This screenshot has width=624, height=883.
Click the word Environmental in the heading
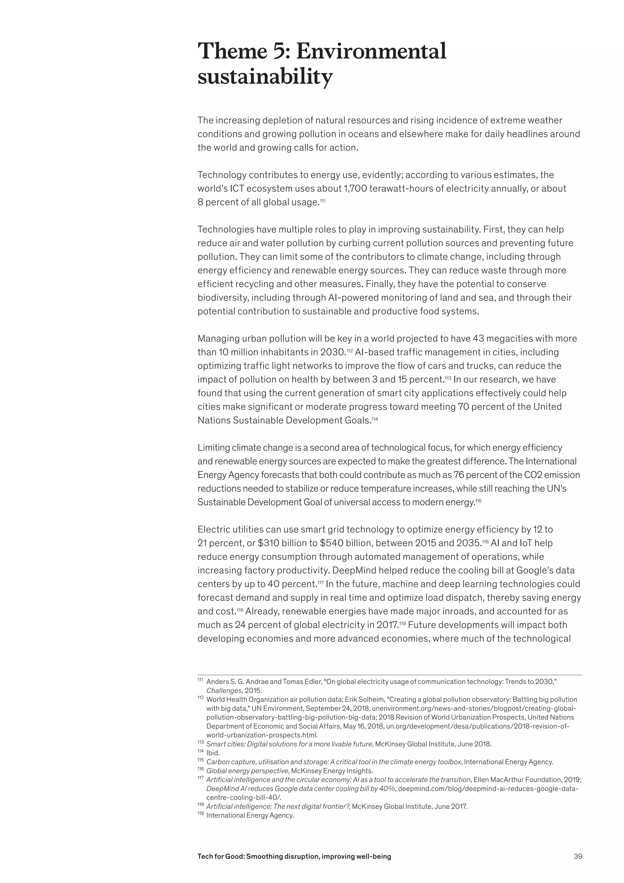click(x=371, y=52)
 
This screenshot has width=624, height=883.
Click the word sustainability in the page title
click(x=265, y=77)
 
